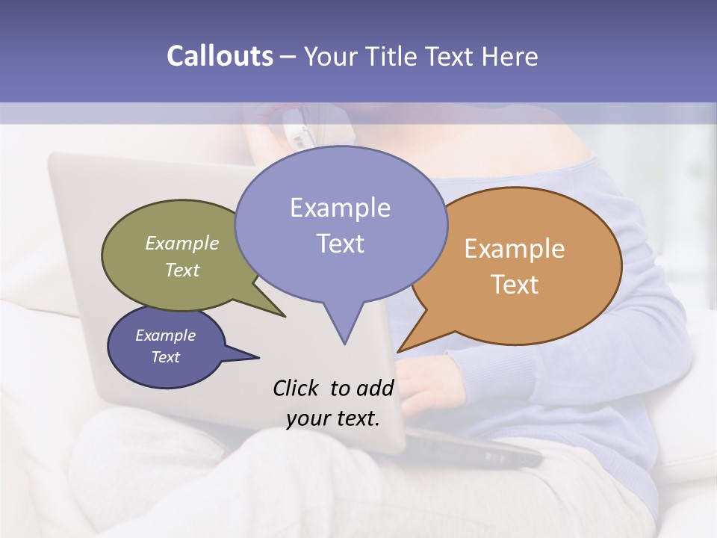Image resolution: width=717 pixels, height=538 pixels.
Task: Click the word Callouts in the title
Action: coord(220,56)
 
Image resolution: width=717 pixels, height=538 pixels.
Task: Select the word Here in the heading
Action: coord(509,56)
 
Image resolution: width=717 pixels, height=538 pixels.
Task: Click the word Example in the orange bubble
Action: coord(515,249)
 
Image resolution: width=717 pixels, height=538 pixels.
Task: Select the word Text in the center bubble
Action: coord(340,244)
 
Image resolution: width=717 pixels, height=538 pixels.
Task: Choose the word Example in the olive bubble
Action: coord(182,244)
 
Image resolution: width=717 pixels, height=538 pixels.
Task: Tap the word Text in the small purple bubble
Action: coord(165,357)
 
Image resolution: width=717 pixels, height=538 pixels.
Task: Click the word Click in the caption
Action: coord(296,388)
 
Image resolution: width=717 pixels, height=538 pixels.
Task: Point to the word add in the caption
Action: coord(374,388)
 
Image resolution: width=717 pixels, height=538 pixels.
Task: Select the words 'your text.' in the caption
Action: coord(333,418)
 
